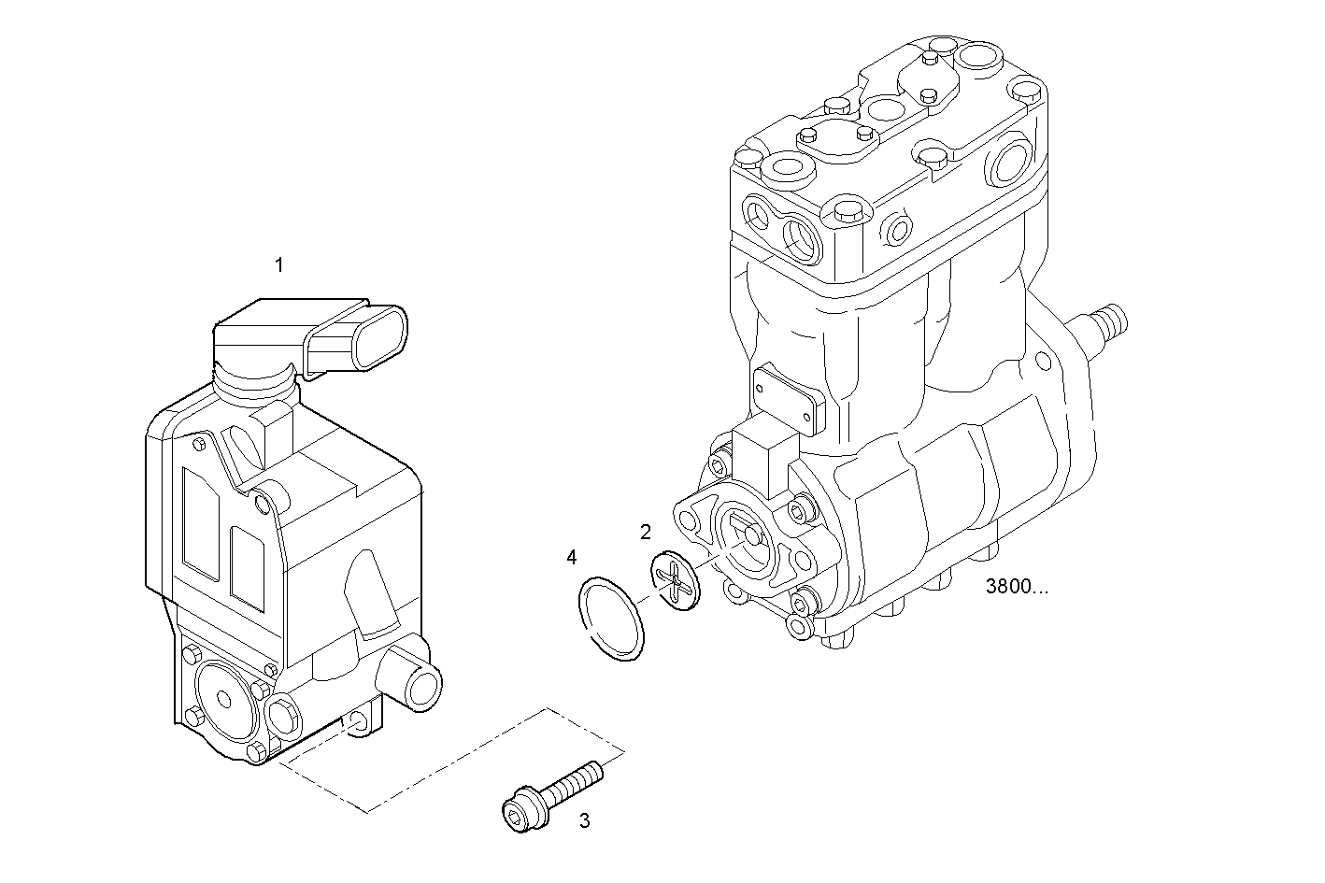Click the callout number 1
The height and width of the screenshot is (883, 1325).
(x=278, y=265)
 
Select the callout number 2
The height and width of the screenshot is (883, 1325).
(x=645, y=533)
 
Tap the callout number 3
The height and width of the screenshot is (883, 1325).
(x=584, y=821)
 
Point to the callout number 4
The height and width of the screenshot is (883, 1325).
(x=571, y=558)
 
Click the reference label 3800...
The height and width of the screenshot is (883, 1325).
(x=1016, y=588)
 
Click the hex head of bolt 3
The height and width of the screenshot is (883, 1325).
(x=522, y=809)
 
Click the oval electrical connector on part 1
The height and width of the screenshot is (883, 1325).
(x=382, y=338)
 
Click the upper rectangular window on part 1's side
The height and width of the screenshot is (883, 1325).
(x=200, y=519)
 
